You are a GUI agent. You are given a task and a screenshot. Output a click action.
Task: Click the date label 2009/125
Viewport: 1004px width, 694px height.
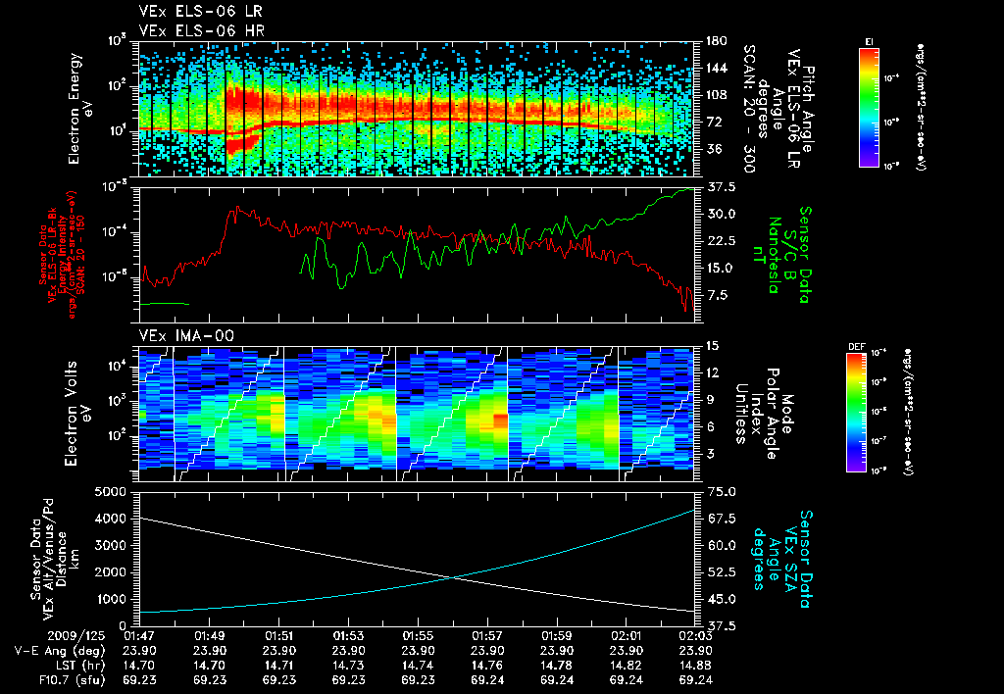(33, 635)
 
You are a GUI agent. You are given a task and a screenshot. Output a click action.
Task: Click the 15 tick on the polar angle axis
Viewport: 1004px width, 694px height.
(712, 346)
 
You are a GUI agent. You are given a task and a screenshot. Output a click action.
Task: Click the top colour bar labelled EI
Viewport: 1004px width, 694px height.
(869, 106)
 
